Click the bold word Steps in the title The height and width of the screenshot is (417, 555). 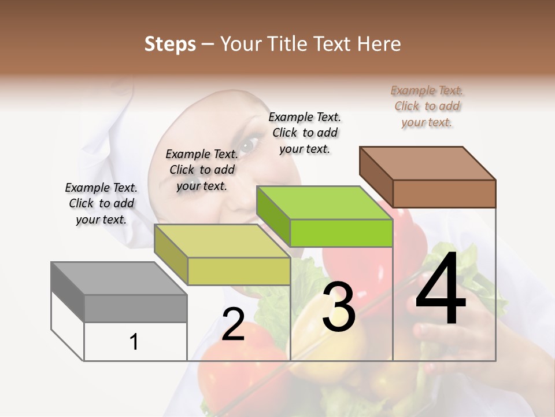pyautogui.click(x=170, y=44)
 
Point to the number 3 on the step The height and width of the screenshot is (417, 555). pyautogui.click(x=339, y=306)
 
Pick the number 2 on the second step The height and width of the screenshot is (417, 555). pyautogui.click(x=233, y=324)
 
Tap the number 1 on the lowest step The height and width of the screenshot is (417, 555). pyautogui.click(x=134, y=342)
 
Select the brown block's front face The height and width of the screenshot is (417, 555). pyautogui.click(x=444, y=193)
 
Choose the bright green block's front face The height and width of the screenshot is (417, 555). pyautogui.click(x=341, y=233)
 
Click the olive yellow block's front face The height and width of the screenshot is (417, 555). pyautogui.click(x=239, y=271)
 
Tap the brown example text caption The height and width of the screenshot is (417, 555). pyautogui.click(x=427, y=106)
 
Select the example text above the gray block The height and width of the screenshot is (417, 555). pyautogui.click(x=101, y=203)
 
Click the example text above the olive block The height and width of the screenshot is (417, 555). pyautogui.click(x=202, y=170)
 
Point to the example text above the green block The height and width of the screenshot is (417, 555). pyautogui.click(x=305, y=133)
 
